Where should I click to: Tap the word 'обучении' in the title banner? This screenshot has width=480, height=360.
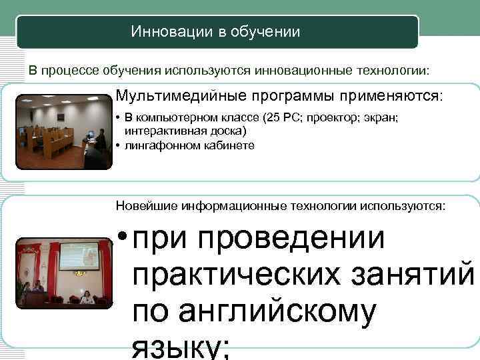click(265, 31)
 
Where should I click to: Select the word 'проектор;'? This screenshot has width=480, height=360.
click(329, 119)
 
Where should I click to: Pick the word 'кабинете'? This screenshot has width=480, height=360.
click(227, 145)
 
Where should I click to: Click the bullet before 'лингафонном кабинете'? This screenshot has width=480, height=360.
click(117, 145)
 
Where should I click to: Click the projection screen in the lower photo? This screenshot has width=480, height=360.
click(79, 257)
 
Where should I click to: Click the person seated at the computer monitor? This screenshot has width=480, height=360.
click(99, 138)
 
